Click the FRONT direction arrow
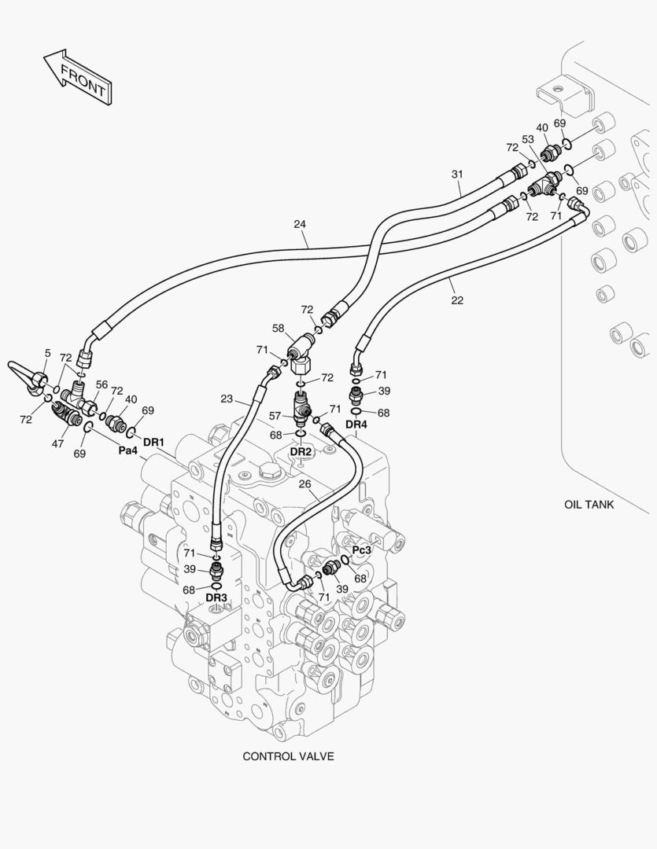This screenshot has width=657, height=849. pos(77,78)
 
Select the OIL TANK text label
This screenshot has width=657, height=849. pos(589,505)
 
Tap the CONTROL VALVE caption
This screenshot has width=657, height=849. pos(288,756)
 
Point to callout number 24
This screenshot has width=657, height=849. pos(299,224)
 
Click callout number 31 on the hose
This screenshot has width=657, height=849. pos(458,174)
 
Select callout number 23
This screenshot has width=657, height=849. pos(227,399)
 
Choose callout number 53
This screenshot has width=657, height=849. pos(528,140)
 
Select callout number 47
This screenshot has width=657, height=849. pos(59,444)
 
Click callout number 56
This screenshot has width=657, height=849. pos(102,384)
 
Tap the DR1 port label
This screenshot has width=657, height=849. pos(154,443)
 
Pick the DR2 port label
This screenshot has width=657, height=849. pos(301,452)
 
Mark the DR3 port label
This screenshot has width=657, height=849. pos(216,597)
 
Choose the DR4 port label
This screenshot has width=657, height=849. pos(356,425)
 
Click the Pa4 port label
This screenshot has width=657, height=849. pos(128,451)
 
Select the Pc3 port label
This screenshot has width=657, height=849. pos(361,550)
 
